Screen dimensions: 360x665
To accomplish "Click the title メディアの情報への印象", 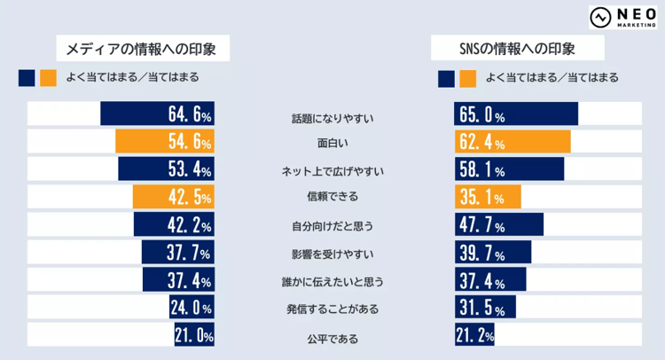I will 142,48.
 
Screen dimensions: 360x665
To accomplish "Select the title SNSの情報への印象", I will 517,48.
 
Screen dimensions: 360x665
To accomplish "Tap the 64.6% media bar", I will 157,114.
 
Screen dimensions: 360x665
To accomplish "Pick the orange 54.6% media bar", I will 165,142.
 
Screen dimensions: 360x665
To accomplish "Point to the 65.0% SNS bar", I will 516,114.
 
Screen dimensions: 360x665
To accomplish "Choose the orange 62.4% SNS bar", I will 512,142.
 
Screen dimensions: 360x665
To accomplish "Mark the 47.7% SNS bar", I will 499,224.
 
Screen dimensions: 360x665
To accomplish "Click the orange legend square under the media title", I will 48,78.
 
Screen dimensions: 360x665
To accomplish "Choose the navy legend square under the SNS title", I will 446,78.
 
